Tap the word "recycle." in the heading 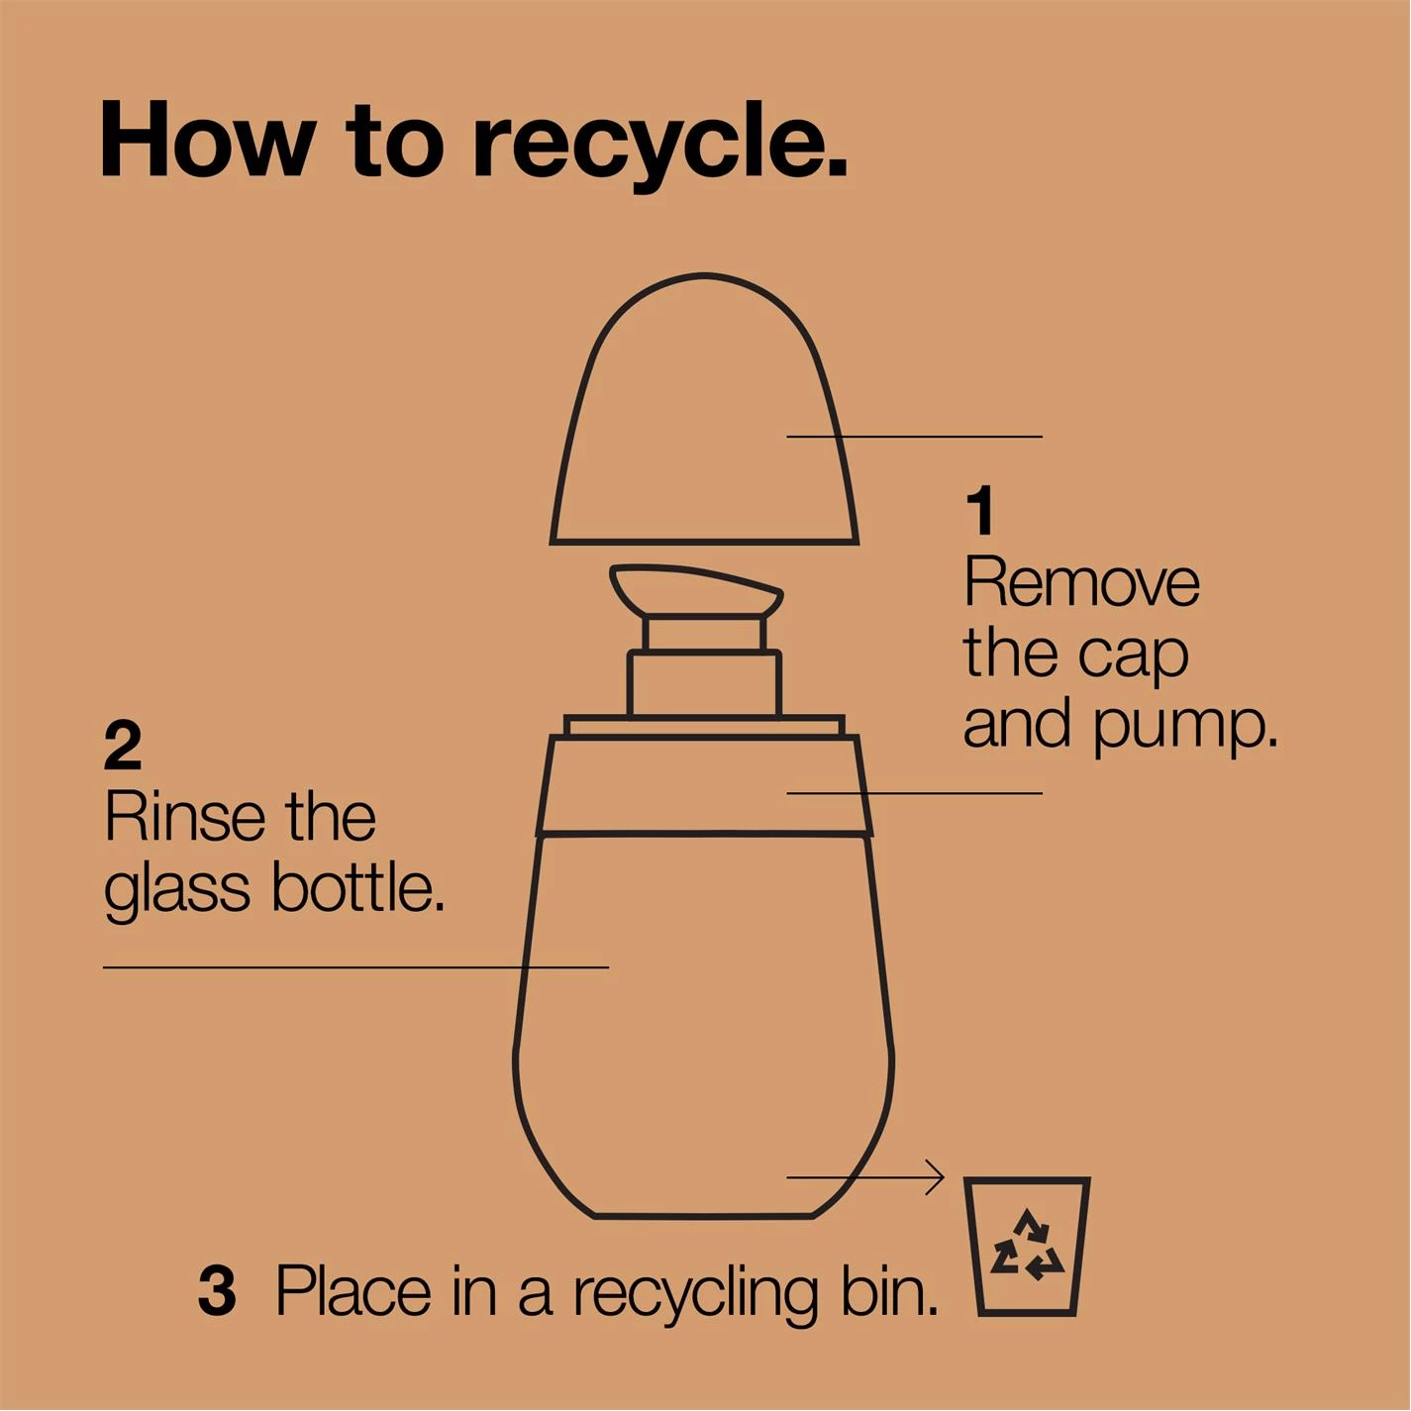pyautogui.click(x=660, y=147)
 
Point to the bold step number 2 pyautogui.click(x=122, y=747)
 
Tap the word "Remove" pyautogui.click(x=1081, y=582)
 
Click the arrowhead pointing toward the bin pyautogui.click(x=935, y=1177)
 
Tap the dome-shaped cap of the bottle pyautogui.click(x=704, y=410)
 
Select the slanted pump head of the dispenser pyautogui.click(x=696, y=591)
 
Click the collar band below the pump pyautogui.click(x=704, y=786)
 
